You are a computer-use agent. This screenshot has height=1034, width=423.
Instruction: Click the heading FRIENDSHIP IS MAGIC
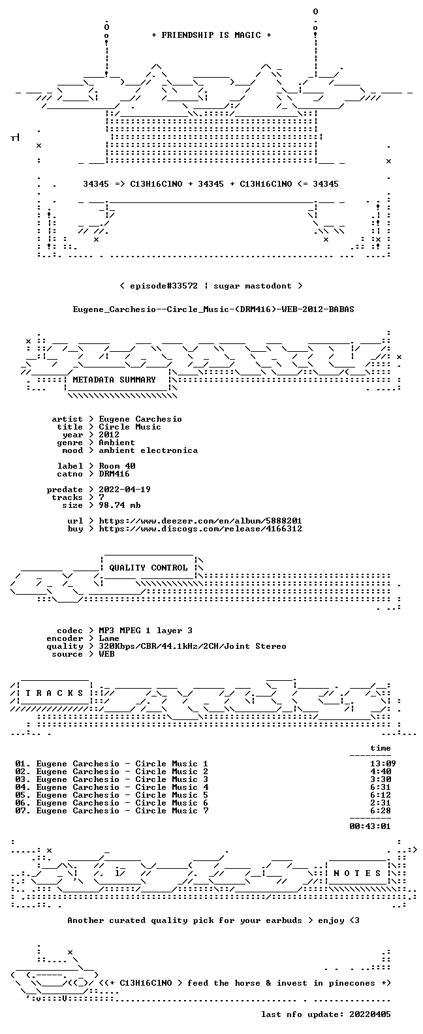click(211, 35)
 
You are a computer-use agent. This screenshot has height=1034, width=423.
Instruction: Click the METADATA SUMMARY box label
click(114, 379)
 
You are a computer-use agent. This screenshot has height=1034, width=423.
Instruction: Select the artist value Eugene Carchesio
click(140, 419)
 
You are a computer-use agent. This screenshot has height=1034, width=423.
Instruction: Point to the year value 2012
click(109, 435)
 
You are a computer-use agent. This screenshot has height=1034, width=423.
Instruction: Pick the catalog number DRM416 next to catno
click(114, 474)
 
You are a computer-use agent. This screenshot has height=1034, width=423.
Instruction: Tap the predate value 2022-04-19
click(125, 490)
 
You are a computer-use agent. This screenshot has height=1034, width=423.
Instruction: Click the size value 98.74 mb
click(119, 505)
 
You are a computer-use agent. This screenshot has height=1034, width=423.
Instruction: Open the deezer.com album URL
click(200, 521)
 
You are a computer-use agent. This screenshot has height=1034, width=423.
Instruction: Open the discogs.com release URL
click(200, 529)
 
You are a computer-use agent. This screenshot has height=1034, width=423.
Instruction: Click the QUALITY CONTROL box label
click(148, 568)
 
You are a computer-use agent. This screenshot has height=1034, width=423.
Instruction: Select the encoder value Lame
click(109, 638)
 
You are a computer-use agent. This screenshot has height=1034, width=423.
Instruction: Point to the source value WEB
click(106, 654)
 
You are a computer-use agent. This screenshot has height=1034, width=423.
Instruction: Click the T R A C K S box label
click(54, 693)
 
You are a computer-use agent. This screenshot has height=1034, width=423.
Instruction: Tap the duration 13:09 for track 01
click(383, 764)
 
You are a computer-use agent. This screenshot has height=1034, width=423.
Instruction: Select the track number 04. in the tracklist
click(23, 787)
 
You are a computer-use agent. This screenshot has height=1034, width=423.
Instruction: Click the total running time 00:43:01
click(370, 826)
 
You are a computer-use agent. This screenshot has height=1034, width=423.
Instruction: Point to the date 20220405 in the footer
click(370, 1014)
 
